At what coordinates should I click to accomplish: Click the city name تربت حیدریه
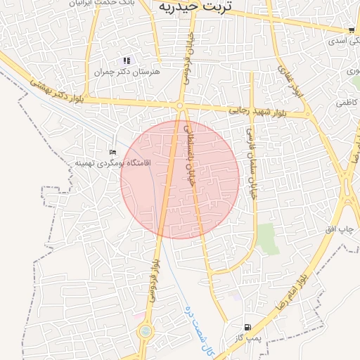[189, 6]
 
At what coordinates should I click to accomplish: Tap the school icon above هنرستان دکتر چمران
[127, 61]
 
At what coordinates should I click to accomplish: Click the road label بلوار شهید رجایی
[257, 111]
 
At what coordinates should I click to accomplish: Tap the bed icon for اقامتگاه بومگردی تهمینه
[112, 152]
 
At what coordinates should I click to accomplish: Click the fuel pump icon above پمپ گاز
[247, 327]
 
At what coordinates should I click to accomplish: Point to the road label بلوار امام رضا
[309, 274]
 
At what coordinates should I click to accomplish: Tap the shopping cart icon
[351, 30]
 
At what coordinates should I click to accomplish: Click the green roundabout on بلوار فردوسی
[146, 330]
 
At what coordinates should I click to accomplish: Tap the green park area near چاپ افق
[266, 239]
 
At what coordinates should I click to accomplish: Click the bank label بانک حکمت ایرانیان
[101, 3]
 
